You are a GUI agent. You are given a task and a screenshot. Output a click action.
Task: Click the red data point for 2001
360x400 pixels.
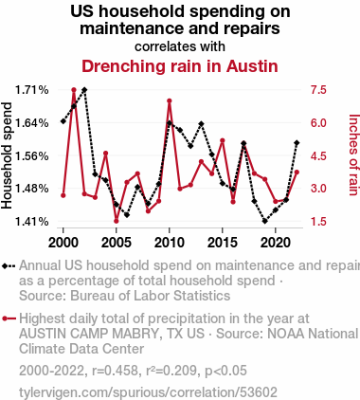74,90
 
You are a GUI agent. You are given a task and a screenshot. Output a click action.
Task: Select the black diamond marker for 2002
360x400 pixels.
84,90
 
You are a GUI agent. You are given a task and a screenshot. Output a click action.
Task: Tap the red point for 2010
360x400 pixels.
170,100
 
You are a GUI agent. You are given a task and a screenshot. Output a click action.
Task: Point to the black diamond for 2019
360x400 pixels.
265,221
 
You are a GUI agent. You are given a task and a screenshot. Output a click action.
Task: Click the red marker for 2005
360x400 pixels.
117,221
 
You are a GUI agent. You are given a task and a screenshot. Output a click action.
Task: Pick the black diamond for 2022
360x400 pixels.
297,143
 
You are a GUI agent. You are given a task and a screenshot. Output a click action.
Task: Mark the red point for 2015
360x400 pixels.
223,140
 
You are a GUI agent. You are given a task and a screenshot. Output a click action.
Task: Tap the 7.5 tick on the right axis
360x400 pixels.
318,90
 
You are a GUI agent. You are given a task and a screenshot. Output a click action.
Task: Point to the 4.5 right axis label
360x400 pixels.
318,155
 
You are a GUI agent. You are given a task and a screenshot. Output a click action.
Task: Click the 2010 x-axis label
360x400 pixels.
170,243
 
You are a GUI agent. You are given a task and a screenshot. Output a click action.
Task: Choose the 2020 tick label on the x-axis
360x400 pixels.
276,243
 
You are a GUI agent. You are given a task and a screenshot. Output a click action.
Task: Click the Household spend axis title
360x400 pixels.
7,155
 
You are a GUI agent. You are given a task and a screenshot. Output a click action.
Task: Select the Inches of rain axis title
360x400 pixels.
354,155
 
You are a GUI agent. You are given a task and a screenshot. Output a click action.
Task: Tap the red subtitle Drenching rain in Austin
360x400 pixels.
180,66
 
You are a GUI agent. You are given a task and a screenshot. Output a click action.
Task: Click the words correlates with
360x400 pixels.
180,46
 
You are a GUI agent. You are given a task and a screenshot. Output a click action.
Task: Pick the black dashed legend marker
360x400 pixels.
9,266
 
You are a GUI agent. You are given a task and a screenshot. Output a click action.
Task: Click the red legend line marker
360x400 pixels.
9,318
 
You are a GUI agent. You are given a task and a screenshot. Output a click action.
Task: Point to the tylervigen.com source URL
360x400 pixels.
148,392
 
